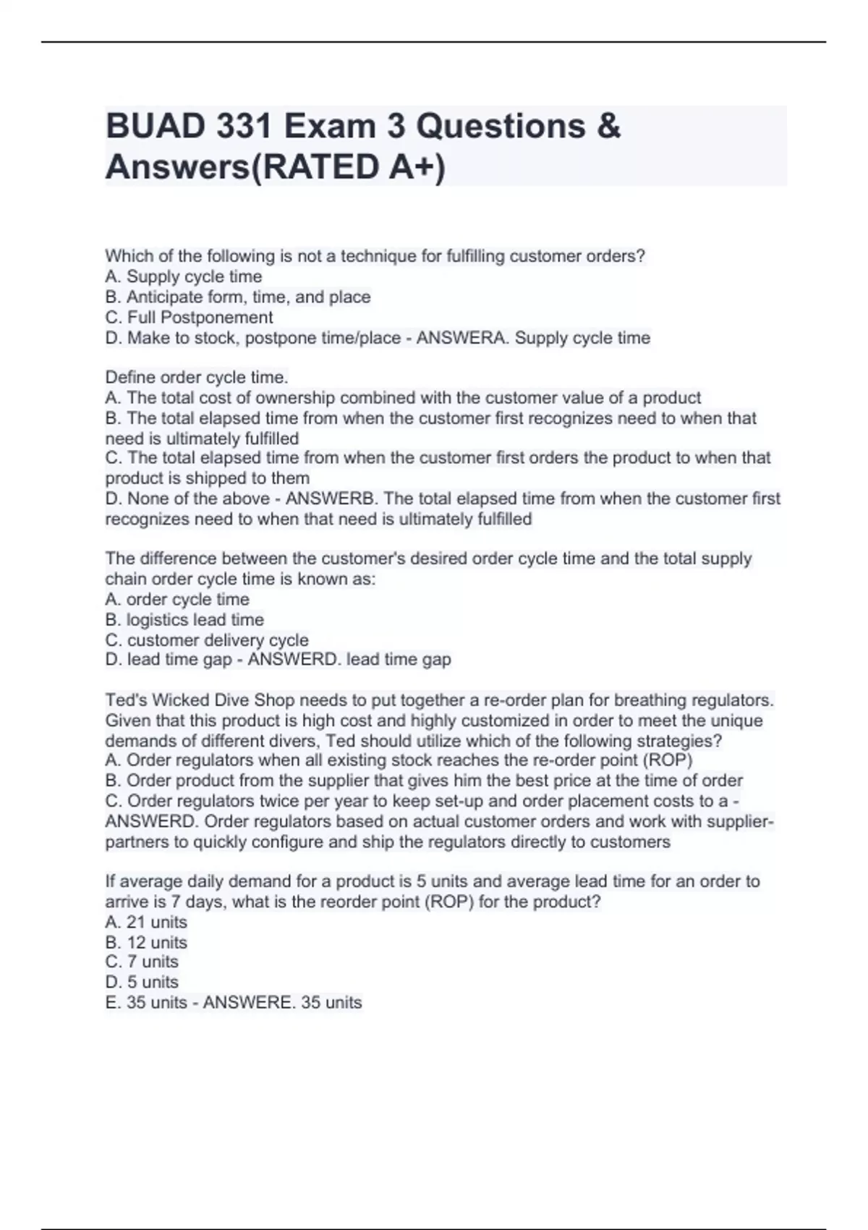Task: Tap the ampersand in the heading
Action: click(609, 127)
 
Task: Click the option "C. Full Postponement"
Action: click(189, 318)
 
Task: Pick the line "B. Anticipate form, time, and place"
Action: click(238, 297)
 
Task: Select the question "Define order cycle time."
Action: click(197, 378)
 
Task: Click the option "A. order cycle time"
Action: click(177, 600)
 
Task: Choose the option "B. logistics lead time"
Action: click(184, 620)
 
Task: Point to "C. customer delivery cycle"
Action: click(207, 640)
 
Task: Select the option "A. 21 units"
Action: click(146, 922)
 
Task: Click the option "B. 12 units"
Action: click(146, 943)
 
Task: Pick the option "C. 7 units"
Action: click(142, 962)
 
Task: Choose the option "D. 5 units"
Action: click(142, 982)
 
